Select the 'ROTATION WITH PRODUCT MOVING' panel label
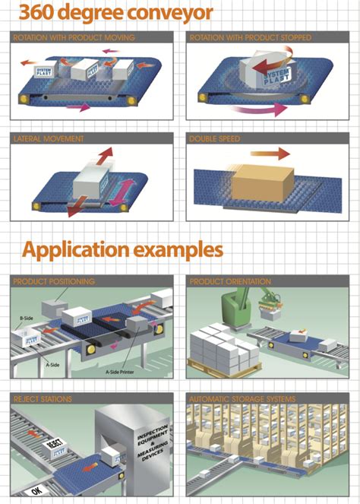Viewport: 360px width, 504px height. (x=74, y=37)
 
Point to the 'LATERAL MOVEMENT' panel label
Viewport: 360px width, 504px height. (x=49, y=139)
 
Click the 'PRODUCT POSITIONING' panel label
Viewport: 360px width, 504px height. (x=54, y=281)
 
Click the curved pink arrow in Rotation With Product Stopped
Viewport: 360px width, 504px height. (x=258, y=111)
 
